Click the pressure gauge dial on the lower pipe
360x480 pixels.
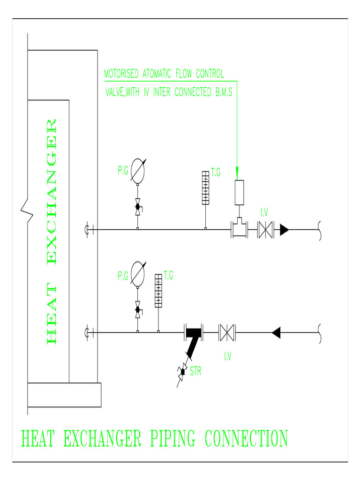point(138,273)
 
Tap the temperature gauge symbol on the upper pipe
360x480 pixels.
point(205,187)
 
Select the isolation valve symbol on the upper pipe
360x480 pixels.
point(266,230)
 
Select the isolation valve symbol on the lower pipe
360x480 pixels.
point(227,332)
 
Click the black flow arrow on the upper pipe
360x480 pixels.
point(284,230)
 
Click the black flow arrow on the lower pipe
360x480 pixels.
point(276,332)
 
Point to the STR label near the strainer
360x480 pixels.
point(196,372)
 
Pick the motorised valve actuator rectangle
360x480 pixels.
point(240,192)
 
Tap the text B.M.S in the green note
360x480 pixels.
point(223,92)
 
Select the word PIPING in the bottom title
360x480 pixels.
point(172,439)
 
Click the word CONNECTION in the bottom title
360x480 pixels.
point(246,439)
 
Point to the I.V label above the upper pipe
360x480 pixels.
point(264,213)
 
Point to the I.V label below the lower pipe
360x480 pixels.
point(227,357)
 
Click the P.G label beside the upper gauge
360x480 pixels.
point(123,172)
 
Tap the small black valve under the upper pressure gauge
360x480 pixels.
point(138,206)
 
